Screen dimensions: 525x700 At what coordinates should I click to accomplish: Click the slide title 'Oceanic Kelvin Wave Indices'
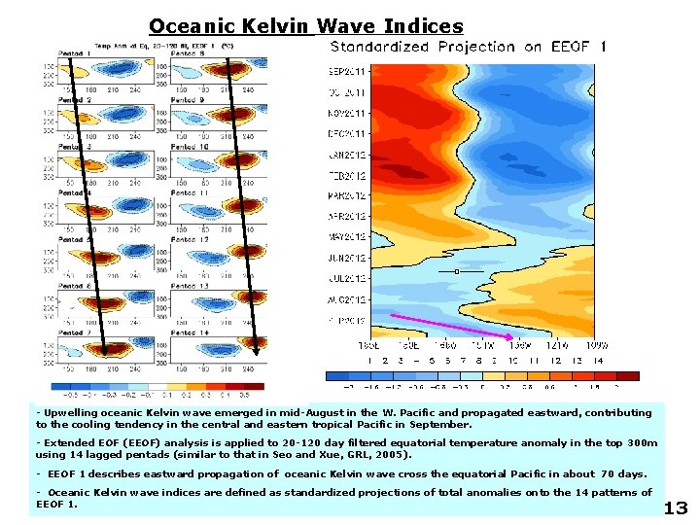coord(305,26)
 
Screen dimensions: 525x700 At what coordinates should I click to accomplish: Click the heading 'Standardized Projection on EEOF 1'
coord(468,47)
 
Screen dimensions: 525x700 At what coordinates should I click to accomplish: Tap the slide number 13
coord(675,507)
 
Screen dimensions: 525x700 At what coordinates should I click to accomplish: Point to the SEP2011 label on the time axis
coord(346,72)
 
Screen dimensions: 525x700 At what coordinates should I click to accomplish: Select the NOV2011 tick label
coord(346,114)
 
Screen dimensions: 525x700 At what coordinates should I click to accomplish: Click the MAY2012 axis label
coord(346,236)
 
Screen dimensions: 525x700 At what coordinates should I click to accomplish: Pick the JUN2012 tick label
coord(346,257)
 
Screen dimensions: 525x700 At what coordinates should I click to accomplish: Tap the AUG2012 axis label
coord(346,298)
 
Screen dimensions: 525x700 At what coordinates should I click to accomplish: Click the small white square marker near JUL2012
coord(456,272)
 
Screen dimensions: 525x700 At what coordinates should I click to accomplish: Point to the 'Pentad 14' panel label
coord(191,333)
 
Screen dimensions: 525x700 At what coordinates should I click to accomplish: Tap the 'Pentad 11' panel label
coord(191,192)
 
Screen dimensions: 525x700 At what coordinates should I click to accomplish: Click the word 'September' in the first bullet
coord(440,425)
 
